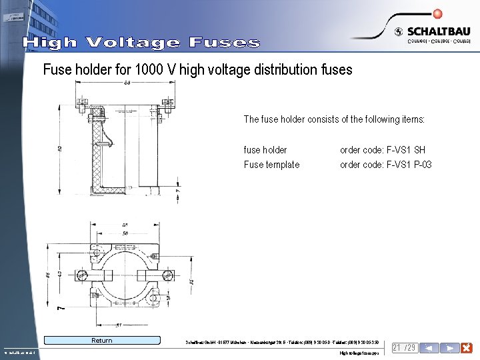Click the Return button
(x=102, y=341)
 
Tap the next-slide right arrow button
(x=450, y=348)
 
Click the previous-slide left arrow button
(x=431, y=348)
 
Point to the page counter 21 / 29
(x=404, y=348)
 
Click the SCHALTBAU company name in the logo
(x=438, y=31)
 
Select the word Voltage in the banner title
(x=133, y=43)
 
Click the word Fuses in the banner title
(x=224, y=43)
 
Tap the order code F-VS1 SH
(x=383, y=150)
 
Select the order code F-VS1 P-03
(x=386, y=165)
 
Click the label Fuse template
(x=271, y=165)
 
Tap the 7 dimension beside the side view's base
(x=177, y=191)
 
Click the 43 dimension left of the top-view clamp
(x=59, y=273)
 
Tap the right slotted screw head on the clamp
(x=170, y=275)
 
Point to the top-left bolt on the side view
(x=82, y=101)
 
